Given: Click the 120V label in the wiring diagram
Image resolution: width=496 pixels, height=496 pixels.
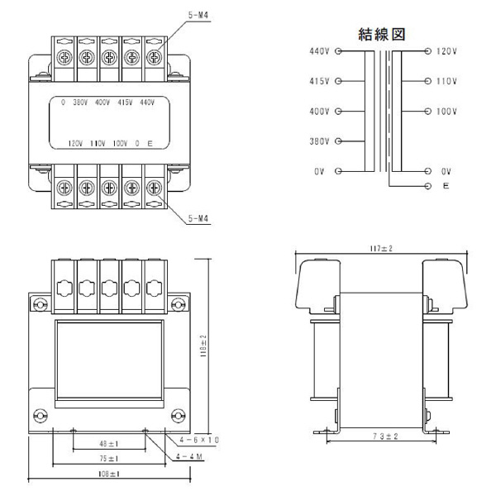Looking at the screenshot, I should pos(446,51).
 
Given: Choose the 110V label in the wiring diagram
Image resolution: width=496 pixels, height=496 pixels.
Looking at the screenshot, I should pos(446,82).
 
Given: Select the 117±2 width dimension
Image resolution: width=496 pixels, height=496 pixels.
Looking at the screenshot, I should pos(381,248).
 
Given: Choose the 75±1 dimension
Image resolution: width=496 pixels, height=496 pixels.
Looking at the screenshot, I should pos(108,459).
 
